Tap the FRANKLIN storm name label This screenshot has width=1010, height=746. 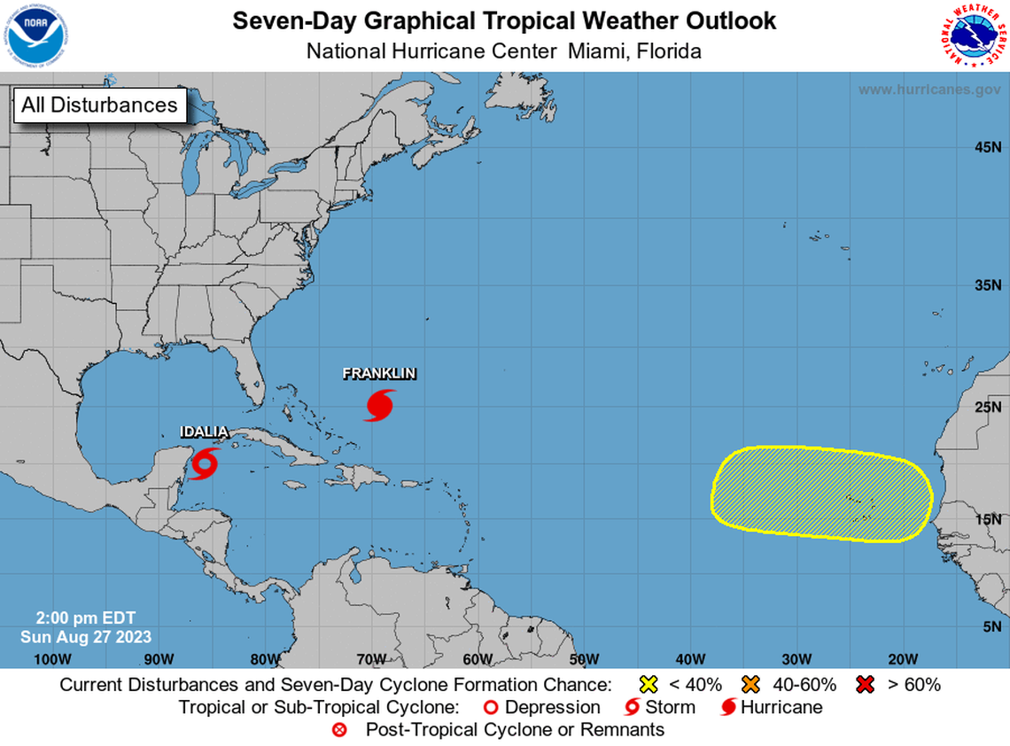coord(379,374)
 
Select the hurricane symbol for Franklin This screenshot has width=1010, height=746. coord(380,405)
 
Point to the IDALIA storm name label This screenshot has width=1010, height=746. coord(205,432)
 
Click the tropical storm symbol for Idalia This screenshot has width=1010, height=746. coord(206,462)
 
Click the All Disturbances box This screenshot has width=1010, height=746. coord(99,105)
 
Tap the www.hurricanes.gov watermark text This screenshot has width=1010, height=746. coord(928,89)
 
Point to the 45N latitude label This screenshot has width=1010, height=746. coord(987,147)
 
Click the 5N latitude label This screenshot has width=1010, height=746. coord(991,627)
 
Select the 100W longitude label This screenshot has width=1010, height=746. coord(52,658)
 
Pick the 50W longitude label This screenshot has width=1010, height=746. coord(584,658)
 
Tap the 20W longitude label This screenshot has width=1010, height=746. coord(903,658)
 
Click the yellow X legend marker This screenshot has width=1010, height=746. coord(649,685)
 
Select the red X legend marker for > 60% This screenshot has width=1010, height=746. coord(866,685)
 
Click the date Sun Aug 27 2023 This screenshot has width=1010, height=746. coord(86,637)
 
